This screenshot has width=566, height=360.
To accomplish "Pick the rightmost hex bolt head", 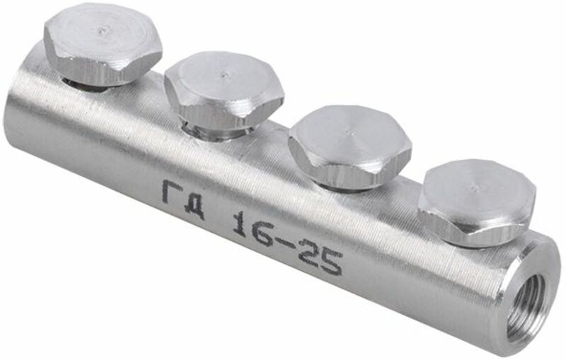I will tap(475, 200).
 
